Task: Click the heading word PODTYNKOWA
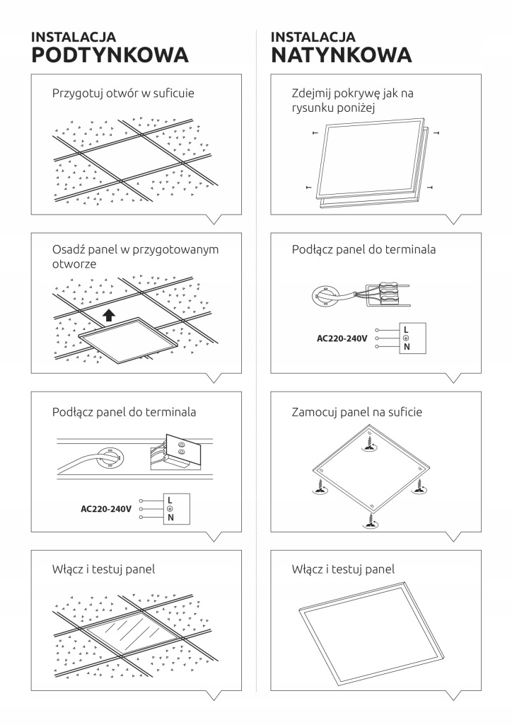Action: pos(110,56)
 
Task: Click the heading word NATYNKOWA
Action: pos(341,56)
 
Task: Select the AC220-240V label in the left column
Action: pos(106,508)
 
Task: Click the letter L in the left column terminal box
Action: pos(170,499)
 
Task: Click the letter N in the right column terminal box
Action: pos(406,348)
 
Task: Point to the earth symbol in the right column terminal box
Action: pos(406,338)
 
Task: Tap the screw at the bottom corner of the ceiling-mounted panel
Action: pos(369,520)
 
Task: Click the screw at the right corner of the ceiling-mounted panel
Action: pos(418,485)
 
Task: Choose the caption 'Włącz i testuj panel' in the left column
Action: pos(103,569)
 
